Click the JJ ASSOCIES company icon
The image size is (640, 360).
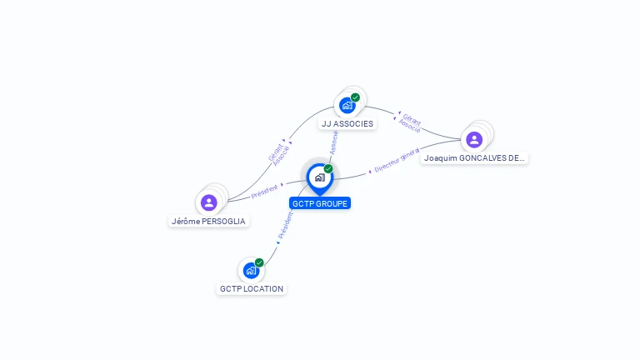pos(347,106)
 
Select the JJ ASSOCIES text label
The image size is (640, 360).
pos(347,124)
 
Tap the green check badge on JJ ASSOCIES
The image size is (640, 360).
pos(356,97)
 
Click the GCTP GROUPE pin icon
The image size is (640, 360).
pos(319,177)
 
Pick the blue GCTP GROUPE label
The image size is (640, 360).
pos(320,203)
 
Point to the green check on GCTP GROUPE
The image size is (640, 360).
pos(328,169)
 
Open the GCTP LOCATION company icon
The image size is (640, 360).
pos(251,271)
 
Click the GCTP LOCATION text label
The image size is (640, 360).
pos(252,289)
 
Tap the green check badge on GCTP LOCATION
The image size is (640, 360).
pos(259,262)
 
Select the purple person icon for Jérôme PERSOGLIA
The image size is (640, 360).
pos(208,202)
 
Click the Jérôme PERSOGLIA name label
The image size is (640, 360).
pos(209,222)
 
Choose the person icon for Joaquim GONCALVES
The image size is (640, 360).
pos(474,139)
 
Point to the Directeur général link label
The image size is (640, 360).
pos(396,162)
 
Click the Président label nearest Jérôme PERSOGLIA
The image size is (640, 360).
pos(263,191)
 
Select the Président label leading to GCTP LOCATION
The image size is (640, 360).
pos(285,226)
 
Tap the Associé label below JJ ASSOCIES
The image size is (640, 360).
pos(334,142)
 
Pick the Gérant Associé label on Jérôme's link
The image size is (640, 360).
pos(278,154)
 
